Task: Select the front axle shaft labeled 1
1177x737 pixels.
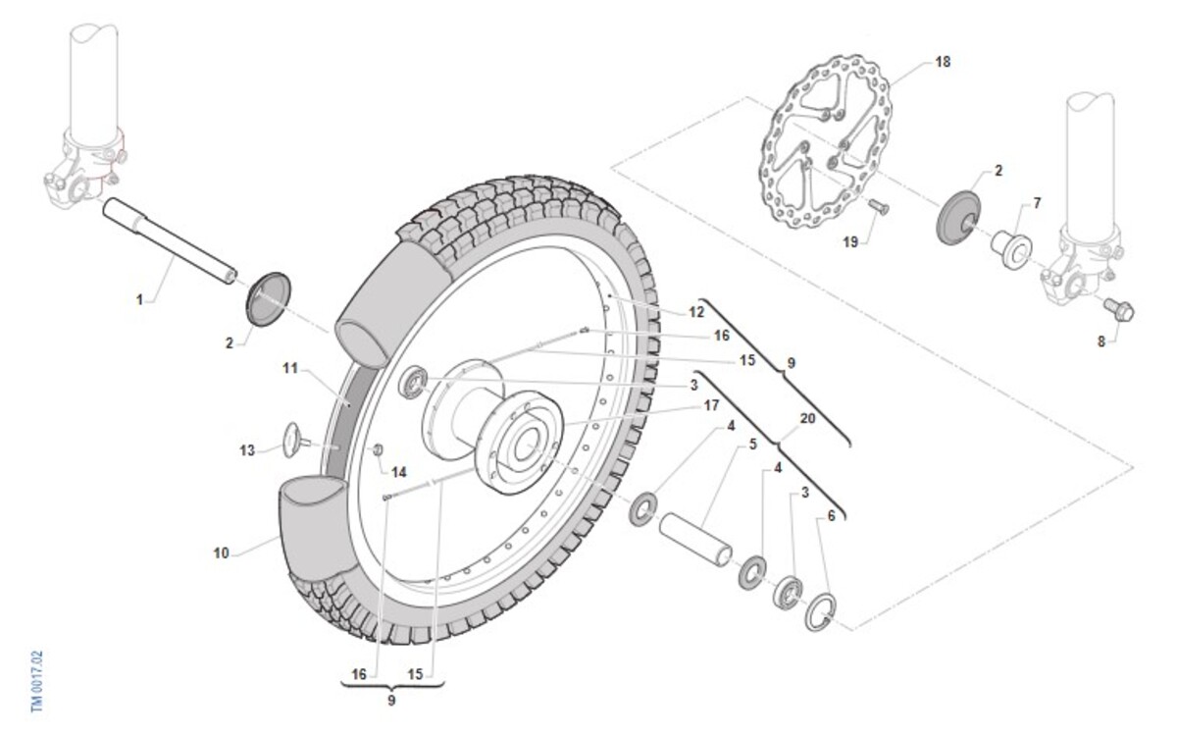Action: click(x=170, y=240)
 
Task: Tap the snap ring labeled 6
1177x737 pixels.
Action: click(x=820, y=611)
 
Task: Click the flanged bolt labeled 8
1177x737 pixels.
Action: click(x=1118, y=310)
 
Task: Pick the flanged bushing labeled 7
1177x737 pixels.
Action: click(x=1011, y=248)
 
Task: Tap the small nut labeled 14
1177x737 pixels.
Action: click(x=378, y=450)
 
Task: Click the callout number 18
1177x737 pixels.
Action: click(x=943, y=62)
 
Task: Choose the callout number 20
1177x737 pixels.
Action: click(x=807, y=418)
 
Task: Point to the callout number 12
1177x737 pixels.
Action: click(x=696, y=312)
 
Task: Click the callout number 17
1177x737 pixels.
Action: click(x=711, y=405)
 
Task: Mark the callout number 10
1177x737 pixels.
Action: click(x=222, y=553)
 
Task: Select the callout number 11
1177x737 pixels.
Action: click(x=290, y=369)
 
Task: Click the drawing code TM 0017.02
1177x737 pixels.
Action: click(x=37, y=682)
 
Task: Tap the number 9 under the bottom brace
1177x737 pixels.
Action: click(x=391, y=701)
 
